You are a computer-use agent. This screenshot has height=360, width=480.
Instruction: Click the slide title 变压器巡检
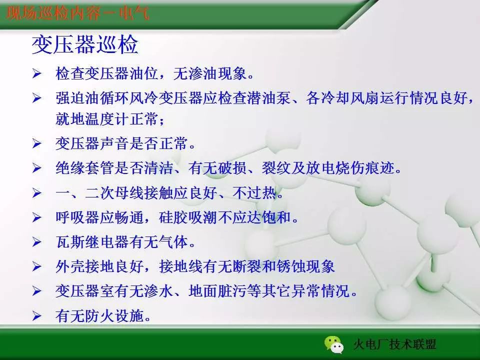[x=84, y=45]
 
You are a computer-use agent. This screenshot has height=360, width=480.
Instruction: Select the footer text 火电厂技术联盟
[x=394, y=344]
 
